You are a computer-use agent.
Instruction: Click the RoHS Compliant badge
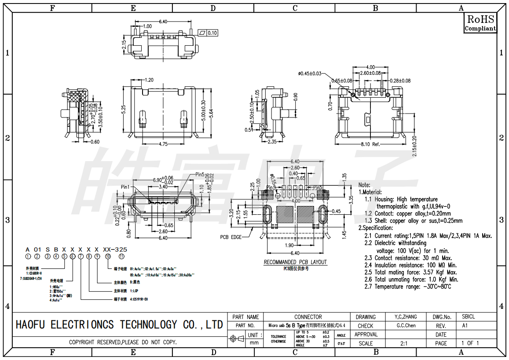point(480,23)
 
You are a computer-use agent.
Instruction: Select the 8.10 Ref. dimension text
point(370,144)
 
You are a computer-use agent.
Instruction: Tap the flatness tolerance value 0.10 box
point(212,33)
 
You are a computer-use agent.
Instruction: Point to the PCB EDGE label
point(231,237)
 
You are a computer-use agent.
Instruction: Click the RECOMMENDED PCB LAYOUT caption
point(295,262)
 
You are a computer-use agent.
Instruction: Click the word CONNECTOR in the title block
point(308,317)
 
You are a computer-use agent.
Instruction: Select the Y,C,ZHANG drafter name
point(403,317)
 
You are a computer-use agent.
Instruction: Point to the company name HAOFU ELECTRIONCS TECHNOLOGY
point(119,325)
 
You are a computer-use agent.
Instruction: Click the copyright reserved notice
point(123,342)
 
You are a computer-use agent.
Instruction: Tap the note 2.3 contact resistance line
point(408,258)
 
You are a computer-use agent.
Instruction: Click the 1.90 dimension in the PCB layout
point(289,245)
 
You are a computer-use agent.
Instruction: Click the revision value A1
point(465,326)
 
